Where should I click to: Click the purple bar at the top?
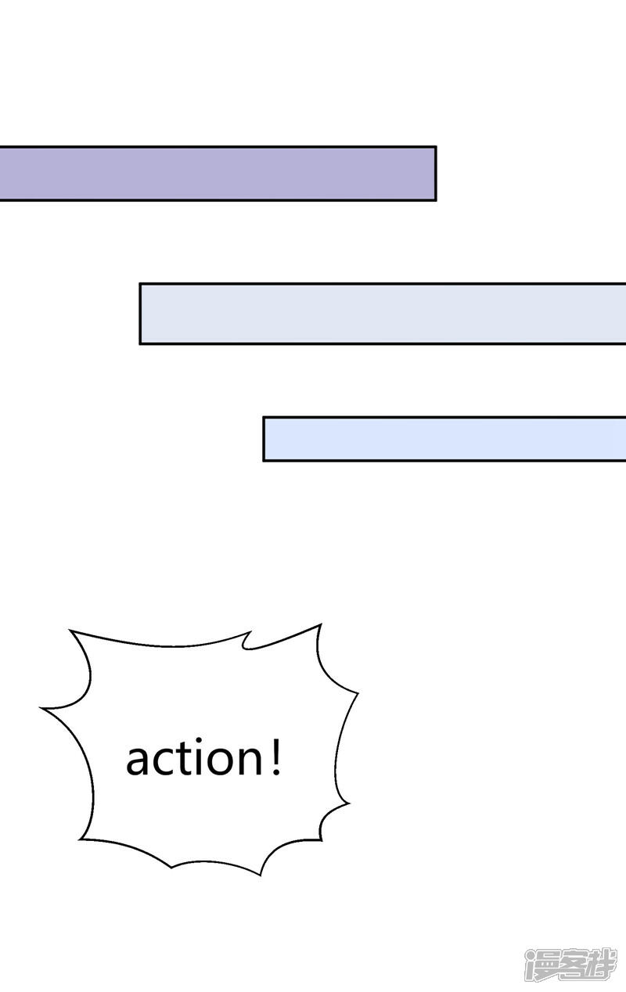pos(218,173)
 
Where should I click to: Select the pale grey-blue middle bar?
pos(383,313)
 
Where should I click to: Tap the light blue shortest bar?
pos(444,439)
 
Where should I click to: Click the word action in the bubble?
pos(195,758)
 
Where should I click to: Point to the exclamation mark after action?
pos(276,758)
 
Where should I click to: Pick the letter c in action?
pos(165,762)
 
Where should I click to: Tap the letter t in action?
pos(186,759)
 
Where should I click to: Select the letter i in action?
pos(203,757)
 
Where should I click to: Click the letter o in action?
pos(223,762)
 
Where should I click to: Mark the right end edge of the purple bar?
pos(436,173)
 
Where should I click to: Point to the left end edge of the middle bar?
pos(140,313)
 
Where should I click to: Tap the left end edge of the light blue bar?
pos(264,439)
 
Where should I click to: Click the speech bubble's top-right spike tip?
pos(321,624)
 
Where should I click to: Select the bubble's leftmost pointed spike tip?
pos(41,708)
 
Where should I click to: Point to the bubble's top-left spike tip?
pos(70,630)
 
